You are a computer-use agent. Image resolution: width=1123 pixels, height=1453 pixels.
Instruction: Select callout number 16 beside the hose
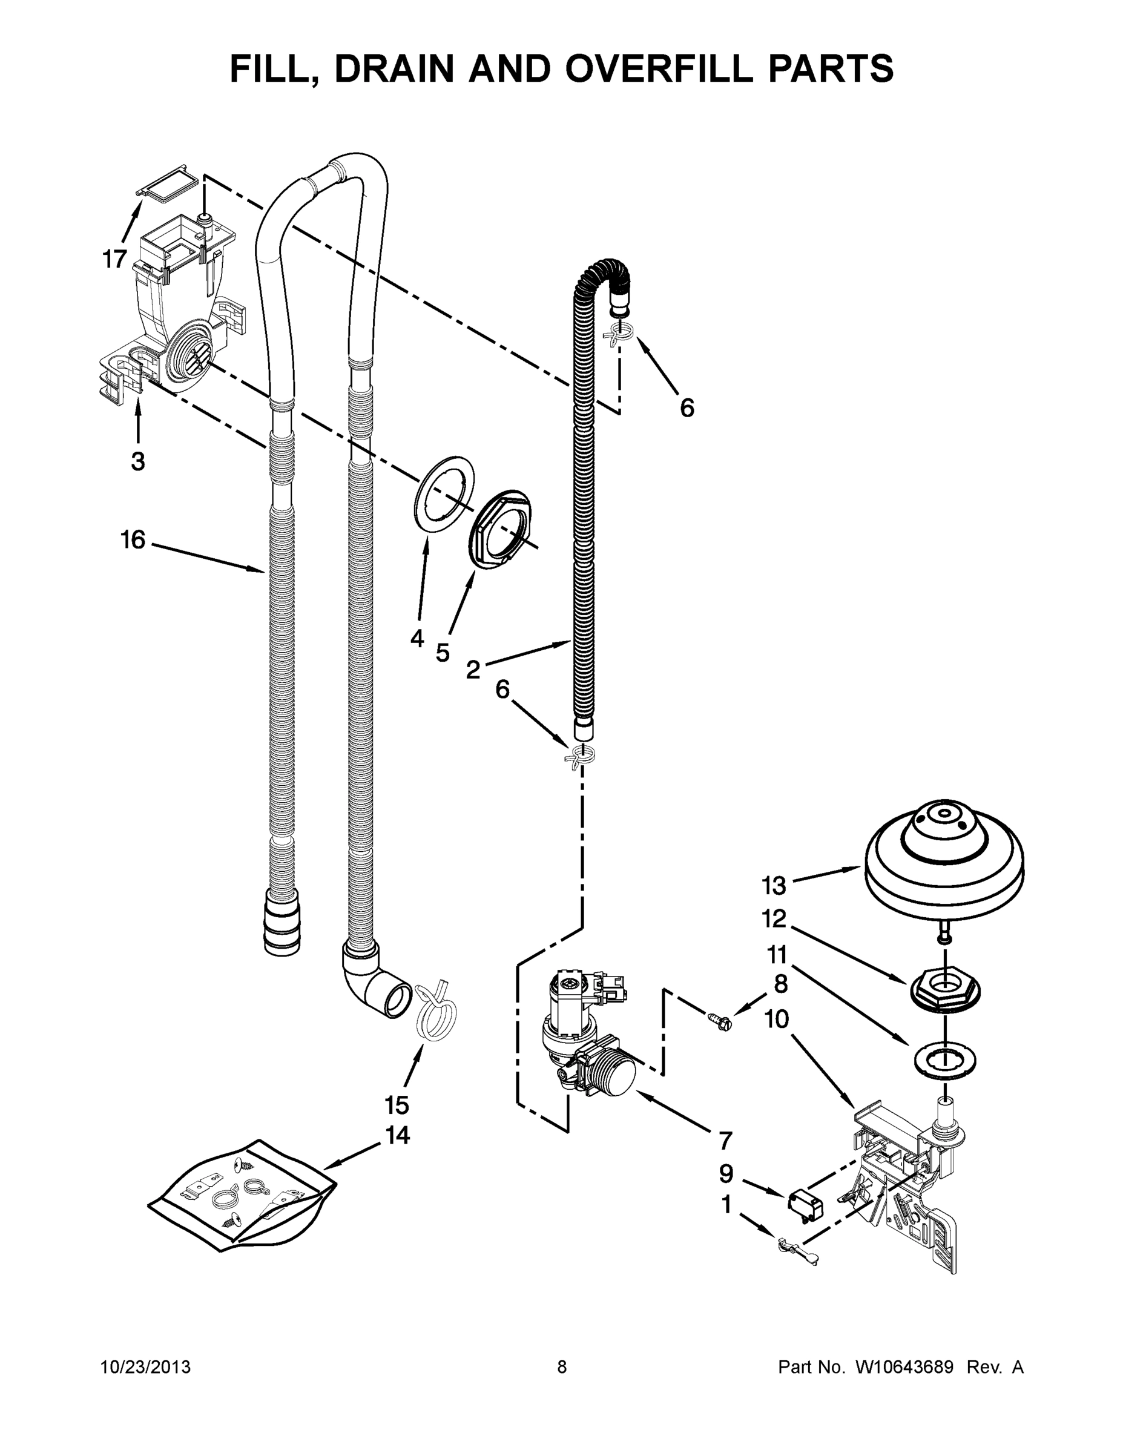133,539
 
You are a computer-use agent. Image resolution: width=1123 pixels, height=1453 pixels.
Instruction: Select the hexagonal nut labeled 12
944,994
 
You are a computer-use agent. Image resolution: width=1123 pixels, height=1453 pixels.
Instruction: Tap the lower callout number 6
502,690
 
